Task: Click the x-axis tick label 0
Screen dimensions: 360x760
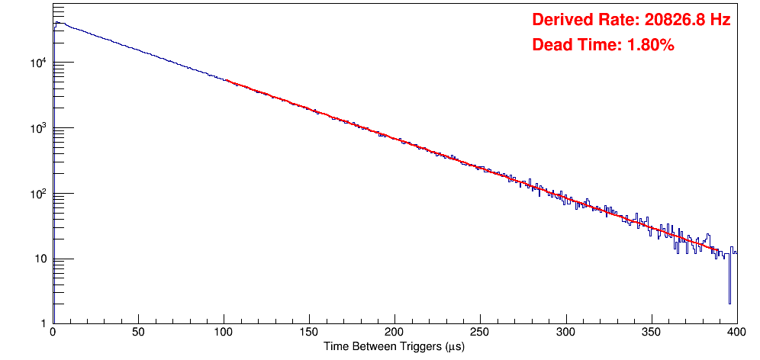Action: (x=52, y=333)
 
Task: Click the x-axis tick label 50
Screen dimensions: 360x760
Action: (x=138, y=333)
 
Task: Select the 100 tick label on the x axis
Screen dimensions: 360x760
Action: (x=224, y=333)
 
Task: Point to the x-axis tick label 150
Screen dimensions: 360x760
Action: (x=309, y=333)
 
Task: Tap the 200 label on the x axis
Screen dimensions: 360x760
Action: (x=394, y=333)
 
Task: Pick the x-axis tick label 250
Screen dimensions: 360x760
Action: (x=480, y=333)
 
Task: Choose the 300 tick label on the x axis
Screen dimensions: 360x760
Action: (x=565, y=333)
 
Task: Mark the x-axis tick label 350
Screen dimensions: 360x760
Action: (x=651, y=333)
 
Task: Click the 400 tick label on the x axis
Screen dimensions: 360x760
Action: (x=736, y=333)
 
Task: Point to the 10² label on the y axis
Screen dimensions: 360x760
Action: (x=40, y=194)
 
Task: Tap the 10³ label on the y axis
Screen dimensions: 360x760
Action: (x=40, y=128)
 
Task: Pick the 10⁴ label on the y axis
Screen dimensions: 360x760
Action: (x=40, y=63)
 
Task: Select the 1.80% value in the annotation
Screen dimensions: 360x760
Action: (x=650, y=45)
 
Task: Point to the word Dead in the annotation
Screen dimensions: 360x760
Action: (x=551, y=45)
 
